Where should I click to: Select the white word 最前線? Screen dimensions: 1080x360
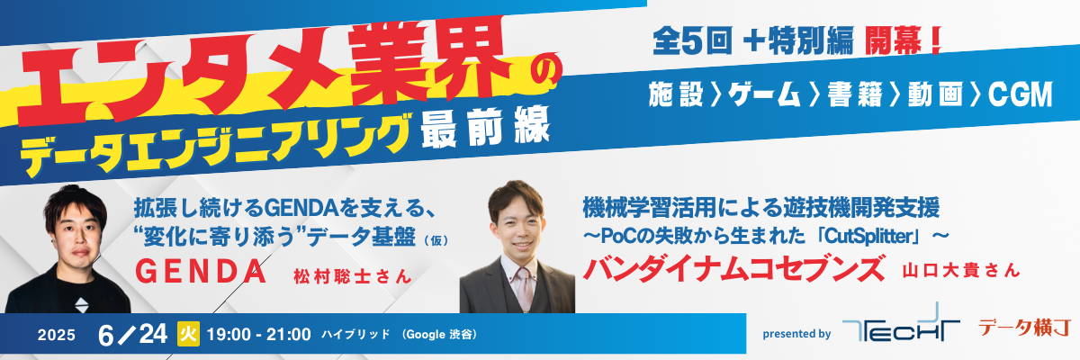click(485, 127)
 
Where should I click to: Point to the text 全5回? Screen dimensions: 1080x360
click(692, 40)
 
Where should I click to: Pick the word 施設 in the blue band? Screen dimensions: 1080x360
click(676, 94)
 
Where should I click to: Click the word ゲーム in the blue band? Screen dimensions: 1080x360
click(764, 94)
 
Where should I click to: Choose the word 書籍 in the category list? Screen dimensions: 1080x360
click(855, 94)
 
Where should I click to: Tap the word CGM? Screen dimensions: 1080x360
click(1021, 94)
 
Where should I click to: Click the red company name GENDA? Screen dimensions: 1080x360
click(201, 271)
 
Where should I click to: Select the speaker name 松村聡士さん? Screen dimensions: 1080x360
click(353, 276)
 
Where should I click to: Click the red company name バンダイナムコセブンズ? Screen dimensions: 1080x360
click(733, 268)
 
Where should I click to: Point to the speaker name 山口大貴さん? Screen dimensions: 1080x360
click(961, 270)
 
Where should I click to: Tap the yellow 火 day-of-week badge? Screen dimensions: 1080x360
click(188, 334)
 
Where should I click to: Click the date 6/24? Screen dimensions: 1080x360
click(132, 335)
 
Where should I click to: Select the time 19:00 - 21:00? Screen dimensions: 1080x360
click(259, 334)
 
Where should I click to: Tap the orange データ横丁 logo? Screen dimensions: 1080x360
click(1024, 328)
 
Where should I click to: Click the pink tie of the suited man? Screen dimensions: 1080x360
click(524, 288)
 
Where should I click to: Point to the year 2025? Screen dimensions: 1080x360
click(57, 335)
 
